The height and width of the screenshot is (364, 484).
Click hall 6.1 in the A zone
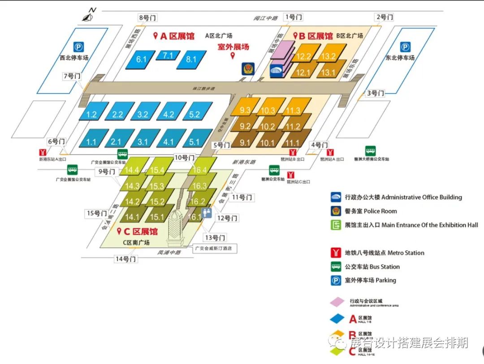[x=142, y=59]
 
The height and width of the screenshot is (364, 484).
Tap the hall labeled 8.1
[x=192, y=59]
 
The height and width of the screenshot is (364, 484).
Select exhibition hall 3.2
[x=143, y=114]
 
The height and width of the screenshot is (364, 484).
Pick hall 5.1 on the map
[x=194, y=142]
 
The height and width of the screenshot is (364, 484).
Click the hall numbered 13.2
[x=328, y=56]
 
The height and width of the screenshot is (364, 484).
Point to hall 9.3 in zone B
[x=245, y=110]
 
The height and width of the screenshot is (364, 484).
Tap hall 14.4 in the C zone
[x=132, y=170]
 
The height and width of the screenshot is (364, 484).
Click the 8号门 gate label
[x=148, y=18]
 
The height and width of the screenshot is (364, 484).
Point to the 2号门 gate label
[x=385, y=17]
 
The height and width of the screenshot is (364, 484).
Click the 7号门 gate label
[x=72, y=76]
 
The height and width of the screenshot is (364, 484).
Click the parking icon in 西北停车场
[x=78, y=47]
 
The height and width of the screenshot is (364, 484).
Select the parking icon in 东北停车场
[x=405, y=47]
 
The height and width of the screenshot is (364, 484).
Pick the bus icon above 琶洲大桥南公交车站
[x=370, y=151]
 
